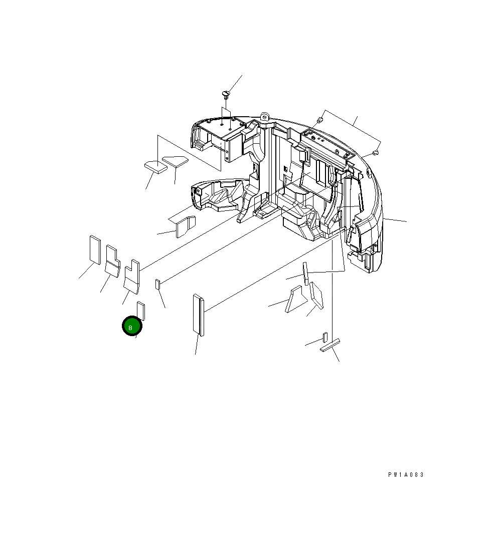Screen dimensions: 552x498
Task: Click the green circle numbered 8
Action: [x=132, y=327]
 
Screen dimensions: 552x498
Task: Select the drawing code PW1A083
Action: [x=406, y=475]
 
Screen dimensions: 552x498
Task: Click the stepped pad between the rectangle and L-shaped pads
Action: [x=112, y=260]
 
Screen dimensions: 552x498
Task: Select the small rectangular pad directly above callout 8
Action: [x=141, y=311]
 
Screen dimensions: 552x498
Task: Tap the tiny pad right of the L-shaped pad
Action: [x=157, y=285]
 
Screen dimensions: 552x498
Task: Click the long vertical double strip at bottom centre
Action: [x=198, y=315]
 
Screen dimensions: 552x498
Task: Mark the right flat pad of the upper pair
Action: [x=175, y=161]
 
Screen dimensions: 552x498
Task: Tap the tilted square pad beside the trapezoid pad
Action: [x=316, y=296]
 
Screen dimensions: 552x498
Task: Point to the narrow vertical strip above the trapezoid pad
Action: [x=304, y=272]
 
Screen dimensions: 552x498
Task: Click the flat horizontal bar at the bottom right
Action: [x=330, y=346]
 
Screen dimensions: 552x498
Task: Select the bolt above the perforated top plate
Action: [x=319, y=120]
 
